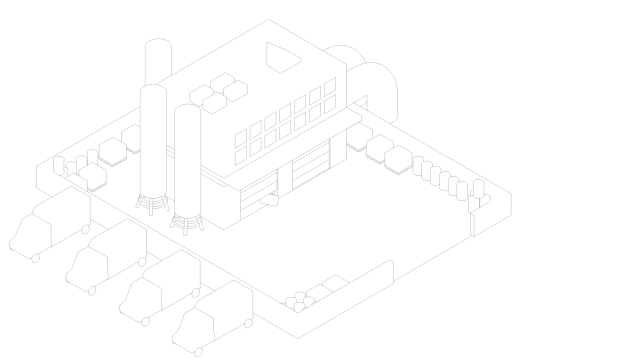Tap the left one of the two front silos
pyautogui.click(x=152, y=140)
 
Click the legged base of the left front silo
pyautogui.click(x=152, y=204)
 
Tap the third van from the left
pyautogui.click(x=160, y=285)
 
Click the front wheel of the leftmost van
pyautogui.click(x=35, y=258)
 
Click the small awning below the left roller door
pyautogui.click(x=269, y=200)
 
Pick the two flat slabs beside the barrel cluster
pyautogui.click(x=328, y=288)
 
